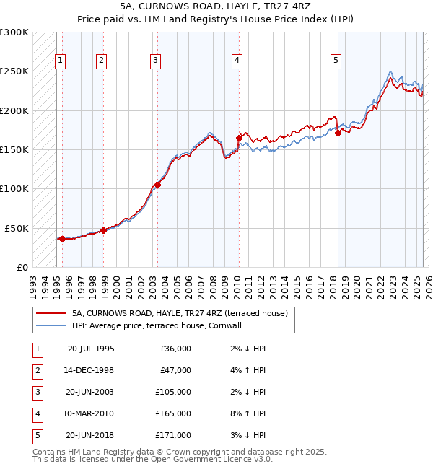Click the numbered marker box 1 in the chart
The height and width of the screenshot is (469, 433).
[60, 61]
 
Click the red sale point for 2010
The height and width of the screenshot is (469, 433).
[239, 137]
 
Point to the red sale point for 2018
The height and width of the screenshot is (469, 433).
[338, 133]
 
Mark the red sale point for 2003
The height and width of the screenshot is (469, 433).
[157, 185]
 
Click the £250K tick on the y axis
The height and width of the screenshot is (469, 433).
[14, 71]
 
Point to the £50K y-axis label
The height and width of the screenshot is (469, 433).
[17, 228]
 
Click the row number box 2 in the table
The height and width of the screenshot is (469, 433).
[37, 371]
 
